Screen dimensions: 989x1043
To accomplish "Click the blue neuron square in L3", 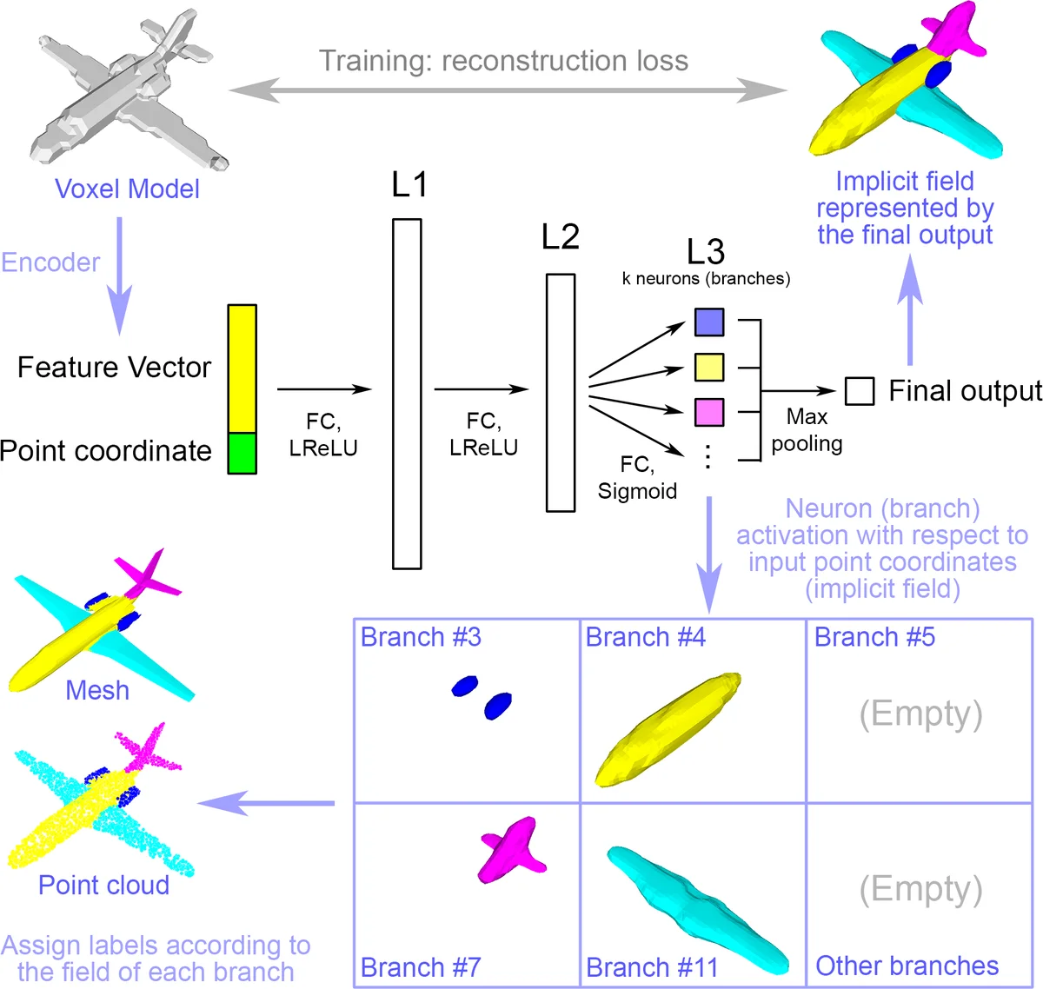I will (x=709, y=322).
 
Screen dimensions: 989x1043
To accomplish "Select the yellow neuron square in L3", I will (x=709, y=367).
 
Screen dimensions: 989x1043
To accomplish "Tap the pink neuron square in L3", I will (x=709, y=412).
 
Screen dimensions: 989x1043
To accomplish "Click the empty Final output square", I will (x=860, y=391).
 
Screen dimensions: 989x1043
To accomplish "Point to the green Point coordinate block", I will (x=242, y=453).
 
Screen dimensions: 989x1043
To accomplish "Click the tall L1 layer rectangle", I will (x=407, y=394).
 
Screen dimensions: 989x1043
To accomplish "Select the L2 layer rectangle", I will (x=561, y=393).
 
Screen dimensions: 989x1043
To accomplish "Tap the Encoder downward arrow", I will (x=119, y=274).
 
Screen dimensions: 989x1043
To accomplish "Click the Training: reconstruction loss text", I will (x=503, y=61).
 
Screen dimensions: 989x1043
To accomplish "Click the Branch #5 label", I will (x=874, y=637).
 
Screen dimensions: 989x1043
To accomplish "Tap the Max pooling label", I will (x=807, y=430).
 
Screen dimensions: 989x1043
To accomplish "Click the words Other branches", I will (x=907, y=966).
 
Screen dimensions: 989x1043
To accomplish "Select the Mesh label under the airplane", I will (x=97, y=690).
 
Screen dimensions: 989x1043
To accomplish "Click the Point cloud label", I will (x=103, y=885).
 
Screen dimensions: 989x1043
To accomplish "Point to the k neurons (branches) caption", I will (x=706, y=279).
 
